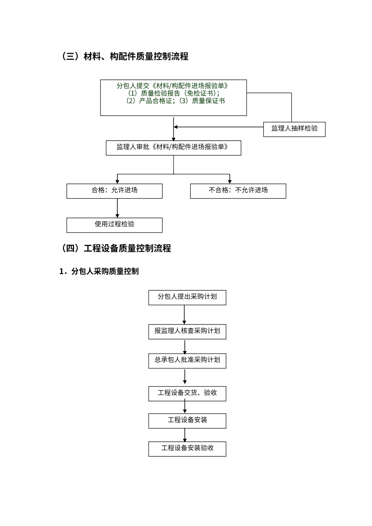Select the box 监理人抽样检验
coord(294,129)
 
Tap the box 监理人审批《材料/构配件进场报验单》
coord(173,148)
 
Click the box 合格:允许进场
coord(114,191)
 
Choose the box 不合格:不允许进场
coord(238,191)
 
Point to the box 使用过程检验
coord(114,225)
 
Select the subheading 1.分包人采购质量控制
coord(99,271)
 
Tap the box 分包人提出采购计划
coord(187,297)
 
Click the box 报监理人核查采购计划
coord(187,332)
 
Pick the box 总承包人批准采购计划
coord(187,361)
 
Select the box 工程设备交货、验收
coord(187,393)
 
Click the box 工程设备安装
coord(187,421)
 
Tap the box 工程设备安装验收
coord(187,449)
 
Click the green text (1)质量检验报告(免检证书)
coord(174,93)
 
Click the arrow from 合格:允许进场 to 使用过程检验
coord(117,208)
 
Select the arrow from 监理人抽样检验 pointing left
coord(218,127)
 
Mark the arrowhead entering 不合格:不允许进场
coord(230,181)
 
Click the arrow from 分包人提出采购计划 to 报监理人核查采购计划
coord(184,315)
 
